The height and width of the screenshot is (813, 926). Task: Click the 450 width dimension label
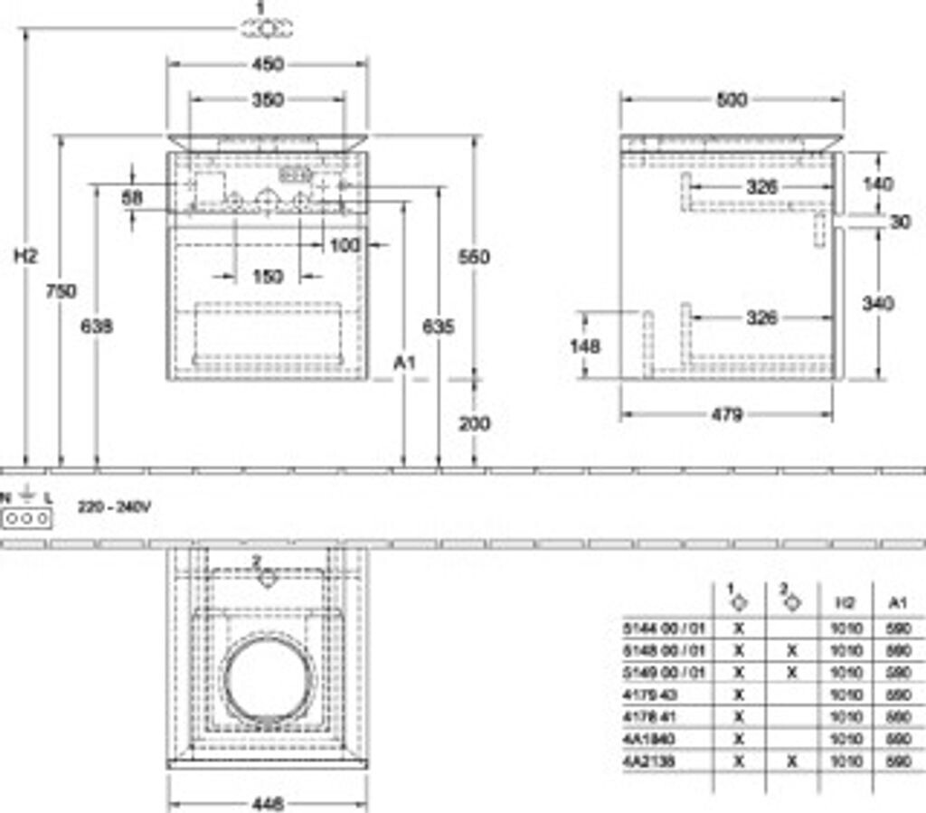tap(268, 64)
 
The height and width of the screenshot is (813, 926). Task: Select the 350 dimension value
tap(268, 99)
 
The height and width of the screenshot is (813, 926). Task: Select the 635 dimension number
tap(439, 326)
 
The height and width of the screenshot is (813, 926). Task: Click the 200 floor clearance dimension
tap(473, 423)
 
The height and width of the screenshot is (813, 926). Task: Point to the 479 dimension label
tap(726, 415)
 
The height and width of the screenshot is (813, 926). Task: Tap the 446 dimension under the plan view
tap(268, 803)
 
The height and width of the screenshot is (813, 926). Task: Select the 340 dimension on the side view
tap(878, 303)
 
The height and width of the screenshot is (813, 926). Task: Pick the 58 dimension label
tap(133, 196)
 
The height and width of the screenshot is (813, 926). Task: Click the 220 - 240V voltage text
tap(114, 508)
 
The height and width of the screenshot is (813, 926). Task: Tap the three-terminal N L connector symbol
tap(27, 518)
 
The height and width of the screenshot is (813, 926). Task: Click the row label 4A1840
tap(648, 739)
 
